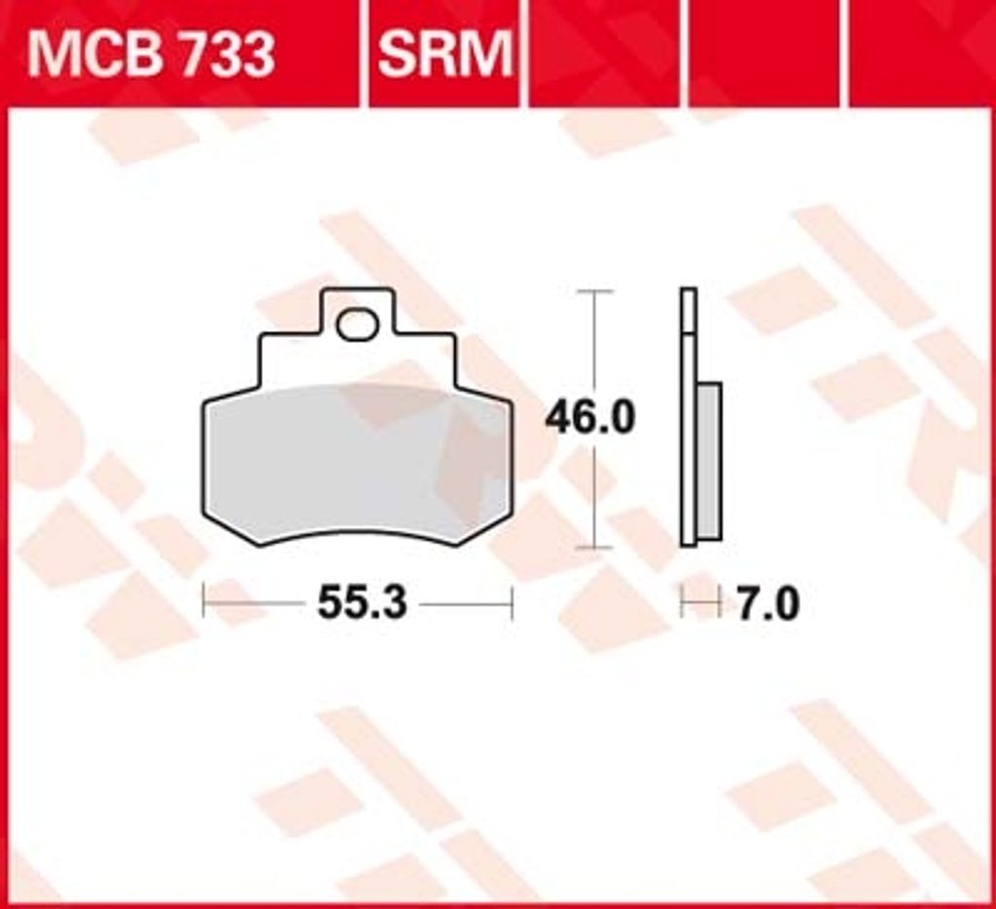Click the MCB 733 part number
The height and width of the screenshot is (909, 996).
(151, 55)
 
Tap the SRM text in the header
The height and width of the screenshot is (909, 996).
(445, 55)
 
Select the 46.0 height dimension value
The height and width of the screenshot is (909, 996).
(590, 418)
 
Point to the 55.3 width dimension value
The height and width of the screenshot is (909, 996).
(362, 602)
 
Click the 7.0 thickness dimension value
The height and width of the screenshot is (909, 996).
(767, 603)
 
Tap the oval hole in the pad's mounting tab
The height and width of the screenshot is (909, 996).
(358, 324)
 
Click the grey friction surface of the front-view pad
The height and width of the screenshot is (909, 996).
(357, 464)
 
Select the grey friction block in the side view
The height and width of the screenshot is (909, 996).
(709, 461)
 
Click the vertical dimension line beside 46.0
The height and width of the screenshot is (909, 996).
(594, 419)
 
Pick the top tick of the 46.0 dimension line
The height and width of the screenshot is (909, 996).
(594, 291)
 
